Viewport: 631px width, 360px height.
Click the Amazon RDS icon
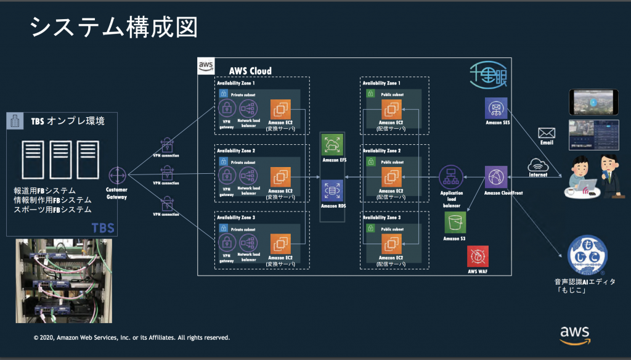[x=333, y=190]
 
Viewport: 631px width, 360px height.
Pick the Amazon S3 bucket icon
[x=455, y=221]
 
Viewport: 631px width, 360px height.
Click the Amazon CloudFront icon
[x=496, y=176]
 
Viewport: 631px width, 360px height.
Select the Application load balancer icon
[x=450, y=177]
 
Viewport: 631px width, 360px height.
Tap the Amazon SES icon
[x=496, y=109]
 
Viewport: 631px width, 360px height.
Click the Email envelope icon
[x=546, y=133]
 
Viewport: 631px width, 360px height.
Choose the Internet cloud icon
[x=539, y=165]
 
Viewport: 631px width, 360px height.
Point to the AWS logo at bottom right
[x=574, y=333]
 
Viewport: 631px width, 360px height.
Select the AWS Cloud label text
[x=250, y=71]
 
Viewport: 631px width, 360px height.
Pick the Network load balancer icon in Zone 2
[x=250, y=175]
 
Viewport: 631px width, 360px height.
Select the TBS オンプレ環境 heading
[x=68, y=121]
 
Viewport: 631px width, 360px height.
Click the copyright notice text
[x=132, y=338]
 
